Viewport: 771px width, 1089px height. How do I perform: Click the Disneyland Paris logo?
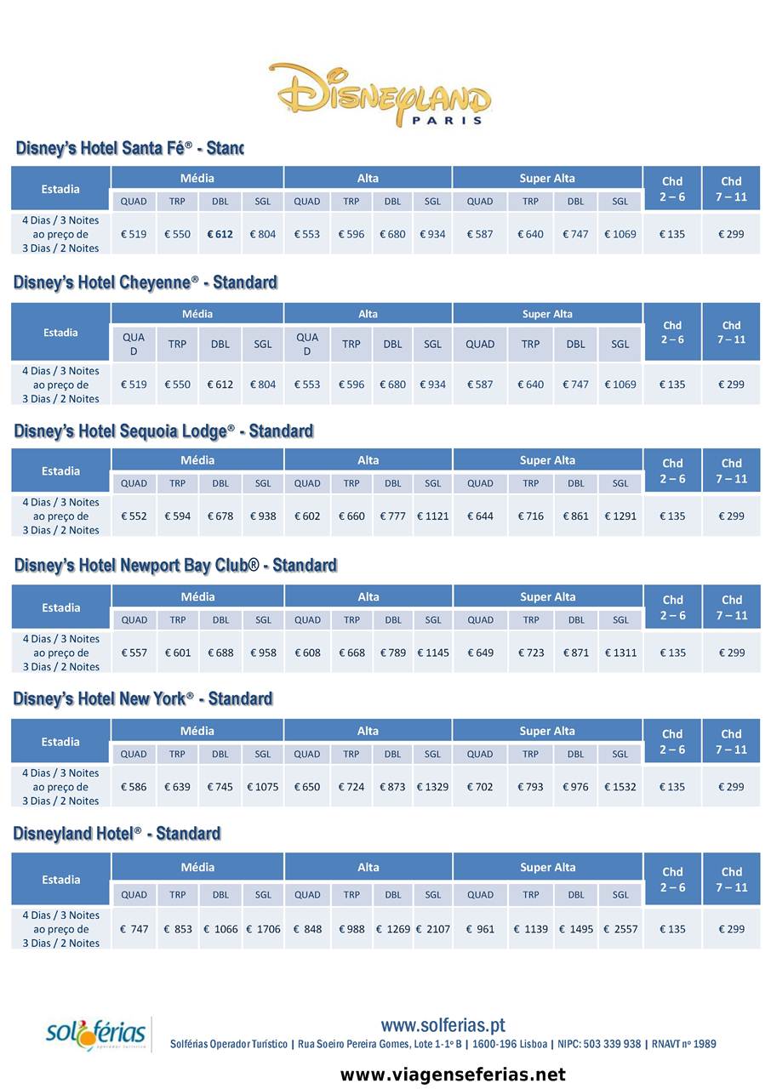point(380,94)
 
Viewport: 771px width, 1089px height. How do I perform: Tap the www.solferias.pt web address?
point(443,1025)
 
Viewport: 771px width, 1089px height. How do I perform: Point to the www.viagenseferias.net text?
point(453,1075)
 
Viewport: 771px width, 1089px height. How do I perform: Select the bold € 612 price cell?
point(220,234)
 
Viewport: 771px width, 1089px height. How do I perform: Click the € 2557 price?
point(620,929)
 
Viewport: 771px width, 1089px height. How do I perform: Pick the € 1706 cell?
point(263,929)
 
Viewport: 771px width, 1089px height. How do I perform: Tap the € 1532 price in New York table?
point(620,787)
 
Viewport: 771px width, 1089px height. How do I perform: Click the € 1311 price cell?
point(620,653)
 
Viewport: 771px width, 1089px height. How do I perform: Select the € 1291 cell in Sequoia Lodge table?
point(620,516)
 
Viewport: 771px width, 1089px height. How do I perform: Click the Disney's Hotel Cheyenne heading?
point(146,282)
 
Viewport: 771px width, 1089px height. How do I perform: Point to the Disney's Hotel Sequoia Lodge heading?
point(163,431)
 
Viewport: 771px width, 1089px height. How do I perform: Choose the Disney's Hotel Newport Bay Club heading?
point(175,566)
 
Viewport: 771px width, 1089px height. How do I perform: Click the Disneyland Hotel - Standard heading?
point(117,833)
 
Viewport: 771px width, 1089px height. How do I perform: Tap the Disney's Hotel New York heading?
point(143,699)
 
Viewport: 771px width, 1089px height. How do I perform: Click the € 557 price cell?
point(134,653)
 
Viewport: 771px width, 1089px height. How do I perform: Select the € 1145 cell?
point(432,653)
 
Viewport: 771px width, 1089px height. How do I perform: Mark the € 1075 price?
point(262,787)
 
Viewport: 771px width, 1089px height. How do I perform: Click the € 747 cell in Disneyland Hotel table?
point(134,929)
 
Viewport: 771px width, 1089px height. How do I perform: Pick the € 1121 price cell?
point(432,516)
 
